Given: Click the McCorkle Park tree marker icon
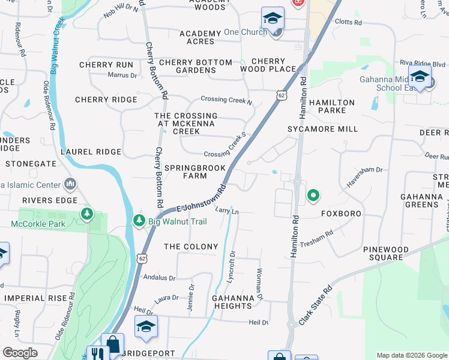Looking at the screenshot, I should pos(88,214).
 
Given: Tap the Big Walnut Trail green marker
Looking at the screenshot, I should pos(139,221).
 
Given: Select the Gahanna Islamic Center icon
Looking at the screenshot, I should pos(70,183).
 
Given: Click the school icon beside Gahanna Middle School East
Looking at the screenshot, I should pos(420,77).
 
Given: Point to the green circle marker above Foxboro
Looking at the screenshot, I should pos(313,195).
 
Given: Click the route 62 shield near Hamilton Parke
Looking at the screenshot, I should pos(281,95).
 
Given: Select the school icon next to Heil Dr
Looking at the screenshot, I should pos(145,327).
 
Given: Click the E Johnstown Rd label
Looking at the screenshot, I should pos(202,197).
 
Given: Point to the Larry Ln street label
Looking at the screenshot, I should pos(228,211).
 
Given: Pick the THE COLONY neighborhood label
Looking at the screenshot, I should pos(191,247).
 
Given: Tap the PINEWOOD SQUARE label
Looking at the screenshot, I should pos(386,253).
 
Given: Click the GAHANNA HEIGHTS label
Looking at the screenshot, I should pos(232,302).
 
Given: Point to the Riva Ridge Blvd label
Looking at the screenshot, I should pos(422,64).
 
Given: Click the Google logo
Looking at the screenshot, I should pos(20,352).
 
